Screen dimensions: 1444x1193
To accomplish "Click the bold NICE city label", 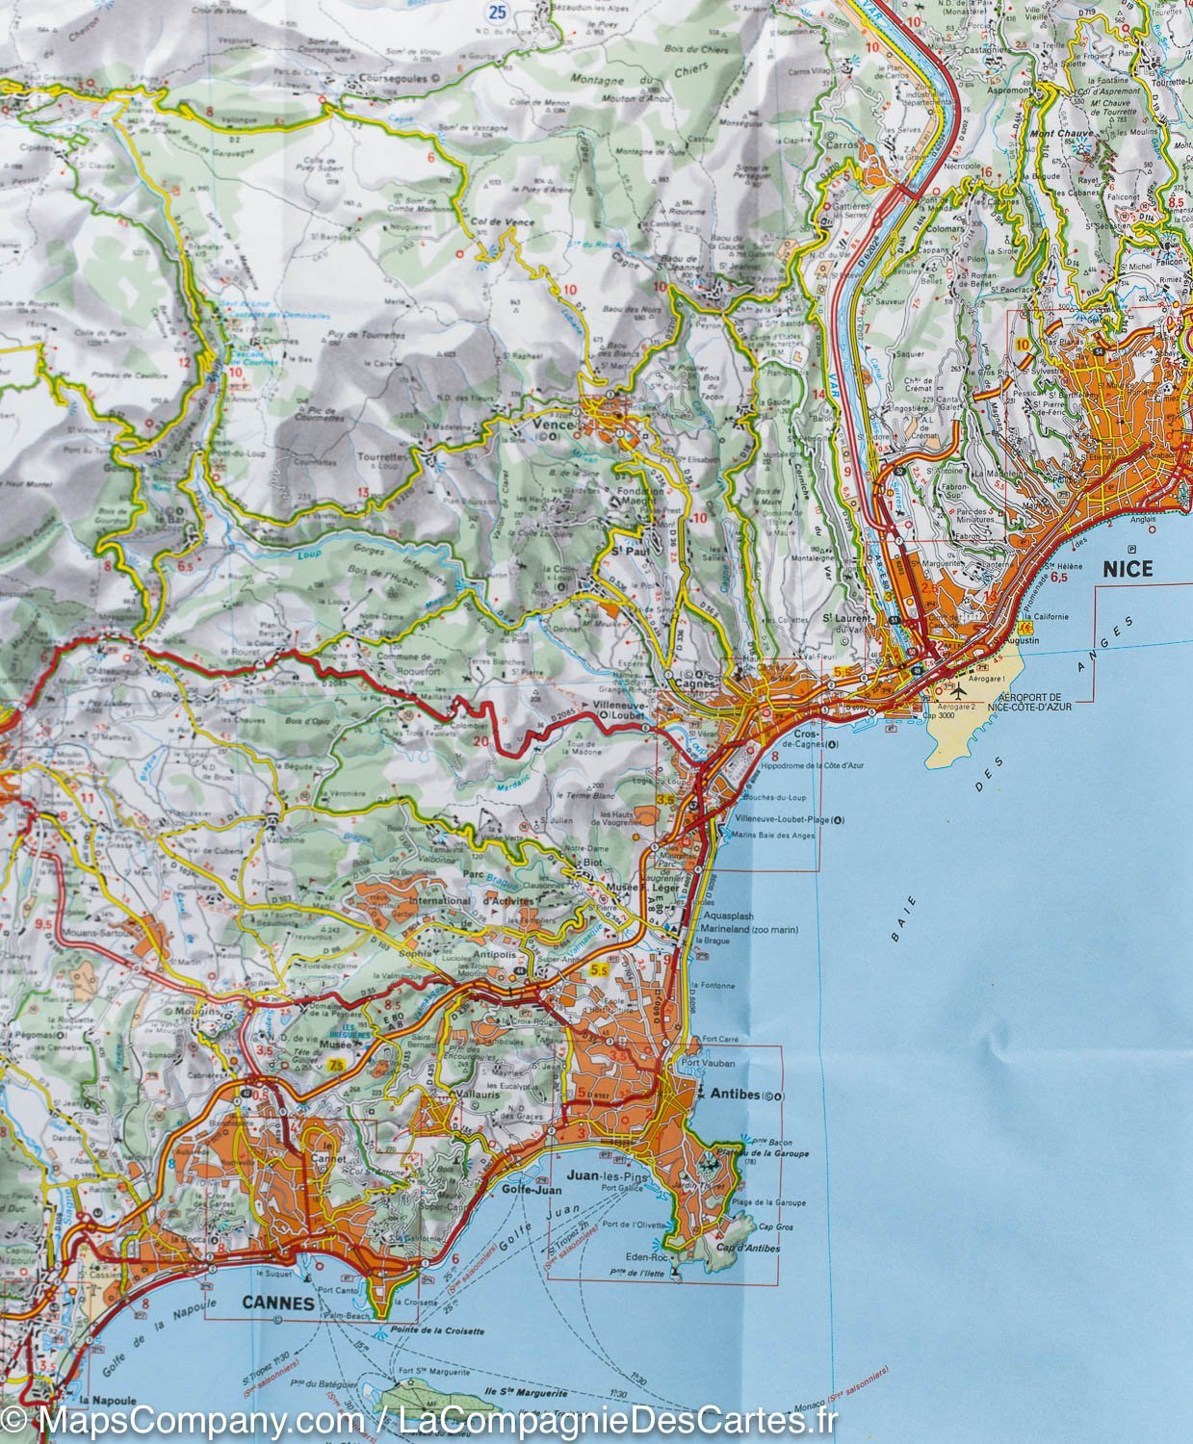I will [1127, 569].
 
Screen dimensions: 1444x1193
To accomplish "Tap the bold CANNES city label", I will [273, 1303].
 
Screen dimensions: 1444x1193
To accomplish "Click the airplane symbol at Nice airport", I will [958, 690].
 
